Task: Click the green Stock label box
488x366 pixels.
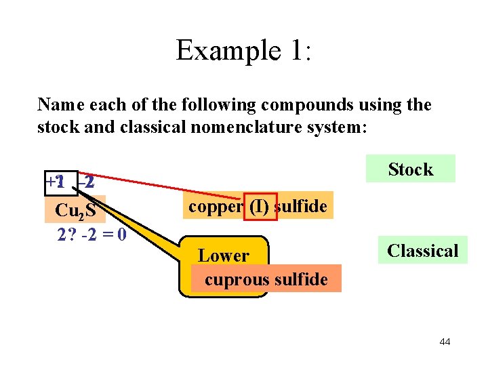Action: coord(410,169)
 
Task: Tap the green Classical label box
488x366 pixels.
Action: coord(422,251)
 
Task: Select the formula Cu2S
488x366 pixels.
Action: coord(75,211)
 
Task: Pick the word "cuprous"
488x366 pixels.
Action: coord(237,279)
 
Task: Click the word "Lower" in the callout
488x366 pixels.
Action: coord(224,256)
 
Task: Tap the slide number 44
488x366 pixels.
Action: coord(445,342)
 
